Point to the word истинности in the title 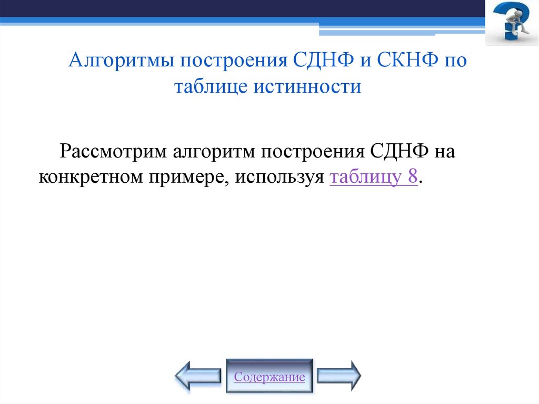tap(308, 86)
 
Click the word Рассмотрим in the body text tap(110, 152)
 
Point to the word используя tap(279, 178)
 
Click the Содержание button tap(269, 377)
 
